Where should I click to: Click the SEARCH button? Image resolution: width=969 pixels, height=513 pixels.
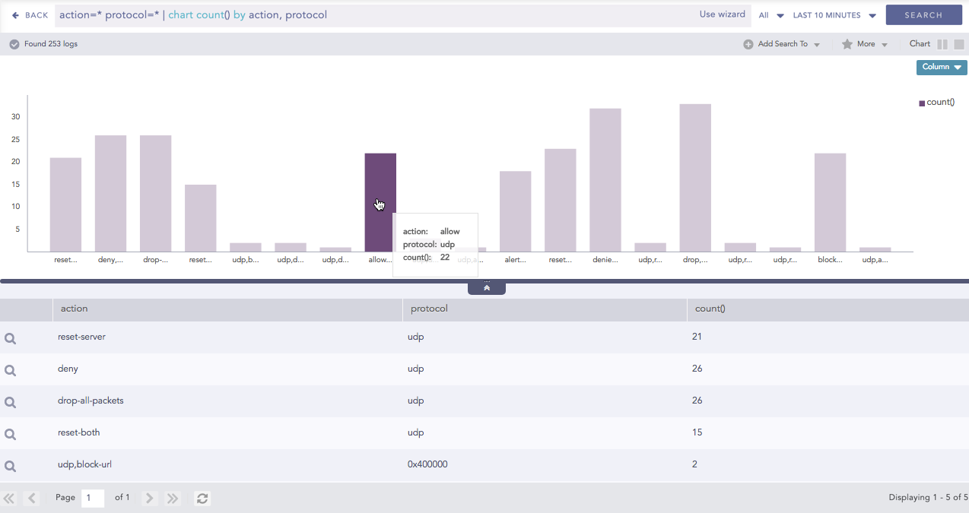[x=923, y=15]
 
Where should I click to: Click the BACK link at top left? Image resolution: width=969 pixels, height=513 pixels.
[x=30, y=15]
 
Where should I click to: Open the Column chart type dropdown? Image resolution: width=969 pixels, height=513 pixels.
[x=942, y=67]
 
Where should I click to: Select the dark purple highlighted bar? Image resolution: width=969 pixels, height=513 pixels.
[x=380, y=182]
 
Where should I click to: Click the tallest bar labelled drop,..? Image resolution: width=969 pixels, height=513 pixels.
[x=695, y=178]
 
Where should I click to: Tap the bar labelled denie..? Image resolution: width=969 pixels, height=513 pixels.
[x=605, y=180]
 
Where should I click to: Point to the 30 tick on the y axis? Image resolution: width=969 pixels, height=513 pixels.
[x=15, y=117]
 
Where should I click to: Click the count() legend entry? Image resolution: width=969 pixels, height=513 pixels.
[x=939, y=103]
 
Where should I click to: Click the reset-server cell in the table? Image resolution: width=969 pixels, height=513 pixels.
[x=81, y=337]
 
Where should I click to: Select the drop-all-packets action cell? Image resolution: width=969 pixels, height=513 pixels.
[x=91, y=401]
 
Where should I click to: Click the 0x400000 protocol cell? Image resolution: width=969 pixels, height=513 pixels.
[x=427, y=464]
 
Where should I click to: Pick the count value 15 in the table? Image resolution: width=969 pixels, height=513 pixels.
[x=697, y=432]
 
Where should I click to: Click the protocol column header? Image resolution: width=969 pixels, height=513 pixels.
[x=429, y=309]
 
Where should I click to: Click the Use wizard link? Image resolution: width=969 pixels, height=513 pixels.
[x=723, y=14]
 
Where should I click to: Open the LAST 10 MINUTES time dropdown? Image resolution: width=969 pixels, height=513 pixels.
[x=834, y=15]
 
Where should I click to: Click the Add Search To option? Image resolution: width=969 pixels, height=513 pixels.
[x=783, y=44]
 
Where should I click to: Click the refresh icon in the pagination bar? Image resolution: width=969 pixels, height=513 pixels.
[x=202, y=499]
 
